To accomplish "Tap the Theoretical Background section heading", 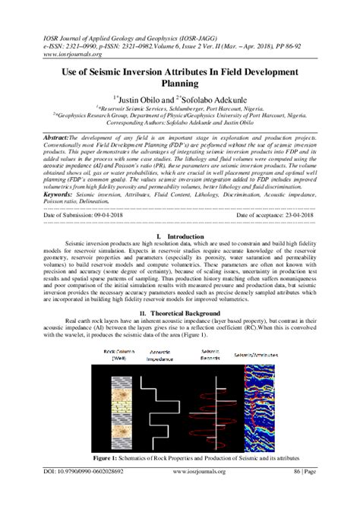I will (183, 334).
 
